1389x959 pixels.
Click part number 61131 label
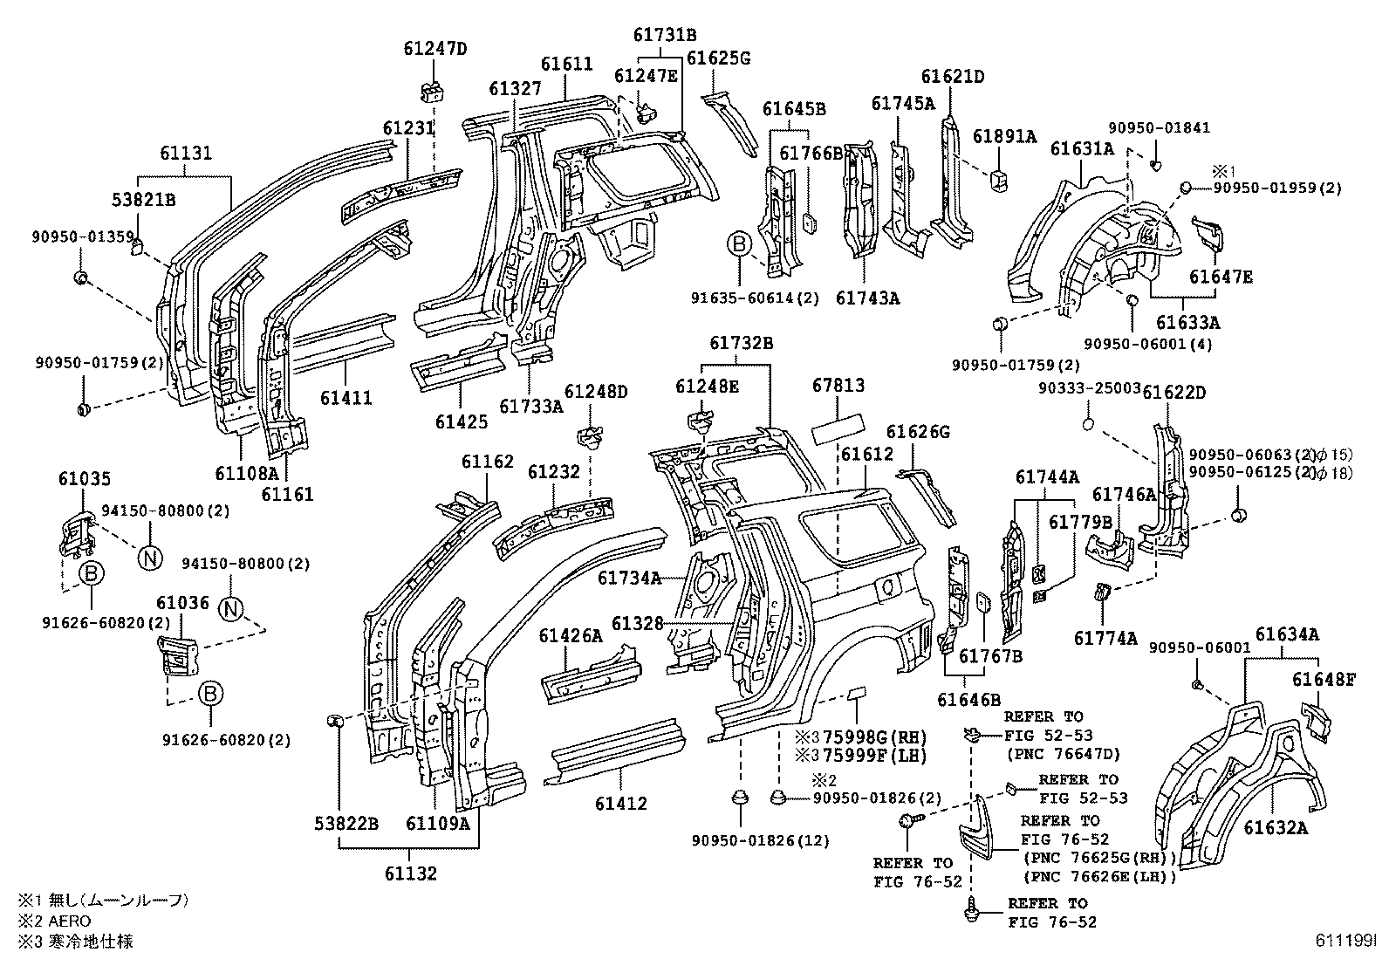pos(185,154)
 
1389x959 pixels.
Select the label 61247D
pos(435,49)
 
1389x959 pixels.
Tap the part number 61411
pos(346,398)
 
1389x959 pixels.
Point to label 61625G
pos(718,58)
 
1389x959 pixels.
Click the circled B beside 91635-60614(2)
pos(739,243)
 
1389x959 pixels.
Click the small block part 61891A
pos(1000,179)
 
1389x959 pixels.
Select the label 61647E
pos(1221,277)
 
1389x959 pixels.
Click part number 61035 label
pos(85,479)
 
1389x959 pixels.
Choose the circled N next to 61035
pos(149,556)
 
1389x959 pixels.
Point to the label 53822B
pos(347,822)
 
